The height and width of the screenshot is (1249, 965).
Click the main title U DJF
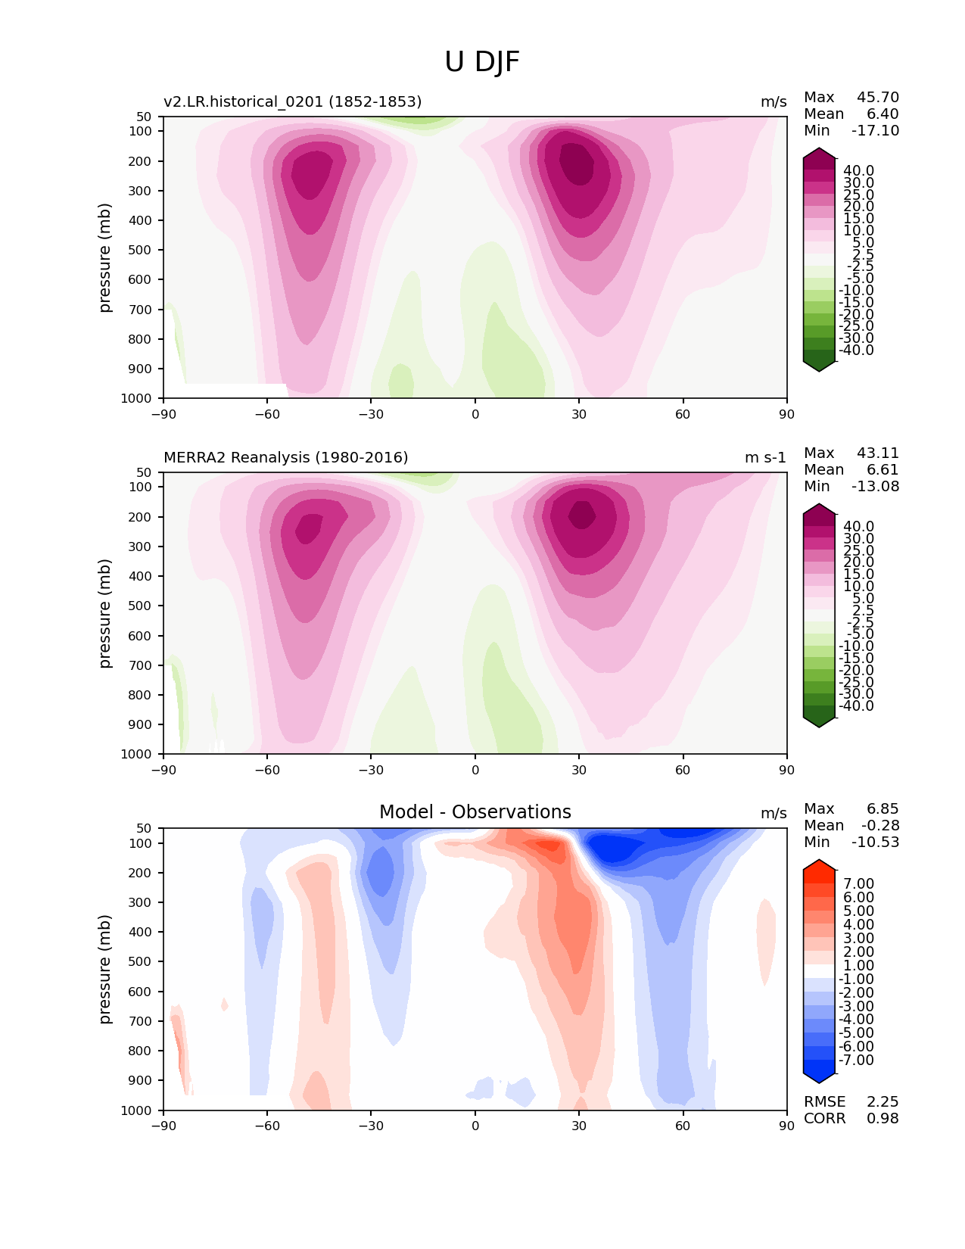[x=482, y=62]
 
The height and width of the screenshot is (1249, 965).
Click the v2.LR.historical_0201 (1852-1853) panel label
[x=292, y=101]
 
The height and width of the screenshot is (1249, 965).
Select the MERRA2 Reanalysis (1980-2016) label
[x=285, y=457]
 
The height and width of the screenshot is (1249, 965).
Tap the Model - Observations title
[x=475, y=812]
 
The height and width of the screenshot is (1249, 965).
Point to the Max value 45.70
[x=878, y=97]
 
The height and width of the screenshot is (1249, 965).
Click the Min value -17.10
[x=876, y=130]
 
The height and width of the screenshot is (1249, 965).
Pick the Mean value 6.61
[x=883, y=469]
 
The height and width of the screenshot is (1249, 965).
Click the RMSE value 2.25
[x=883, y=1101]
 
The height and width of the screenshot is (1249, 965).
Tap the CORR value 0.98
[x=883, y=1118]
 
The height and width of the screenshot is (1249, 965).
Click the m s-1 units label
[x=765, y=457]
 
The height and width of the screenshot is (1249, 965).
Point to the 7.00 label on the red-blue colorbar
[x=858, y=884]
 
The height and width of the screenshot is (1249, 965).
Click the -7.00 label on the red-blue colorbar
[x=856, y=1060]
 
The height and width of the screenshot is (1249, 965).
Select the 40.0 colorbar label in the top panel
[x=858, y=171]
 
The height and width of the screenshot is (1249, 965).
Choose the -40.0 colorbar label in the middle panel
[x=856, y=705]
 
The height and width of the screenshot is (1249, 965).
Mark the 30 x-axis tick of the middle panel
[x=579, y=770]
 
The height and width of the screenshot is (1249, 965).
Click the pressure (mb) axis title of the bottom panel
[x=105, y=969]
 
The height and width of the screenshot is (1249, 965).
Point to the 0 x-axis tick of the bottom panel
[x=475, y=1126]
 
